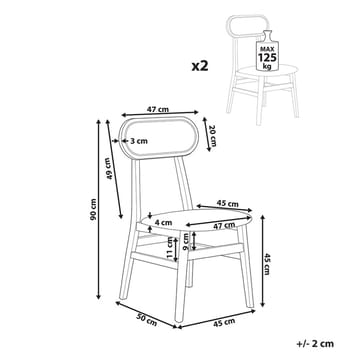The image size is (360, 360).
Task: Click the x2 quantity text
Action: click(x=200, y=66)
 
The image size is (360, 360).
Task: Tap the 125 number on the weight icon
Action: click(x=267, y=57)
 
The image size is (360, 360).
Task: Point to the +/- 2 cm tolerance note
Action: click(x=315, y=344)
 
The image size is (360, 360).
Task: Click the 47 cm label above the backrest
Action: click(x=158, y=109)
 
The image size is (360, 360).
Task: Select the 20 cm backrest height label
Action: click(x=213, y=137)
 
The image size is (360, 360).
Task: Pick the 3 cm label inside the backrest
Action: click(x=139, y=141)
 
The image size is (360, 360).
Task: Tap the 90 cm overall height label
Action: click(x=93, y=209)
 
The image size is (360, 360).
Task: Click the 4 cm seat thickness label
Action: click(x=163, y=222)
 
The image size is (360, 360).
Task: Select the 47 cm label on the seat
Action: click(x=224, y=225)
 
